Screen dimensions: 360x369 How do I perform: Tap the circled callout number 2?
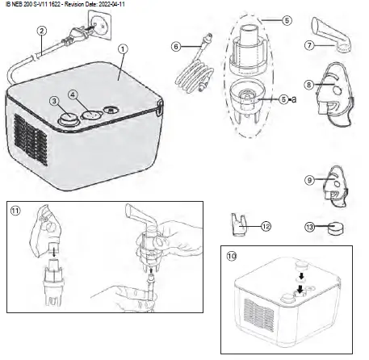[41, 32]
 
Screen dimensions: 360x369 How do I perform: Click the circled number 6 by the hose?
[176, 47]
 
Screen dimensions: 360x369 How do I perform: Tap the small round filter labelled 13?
[332, 228]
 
